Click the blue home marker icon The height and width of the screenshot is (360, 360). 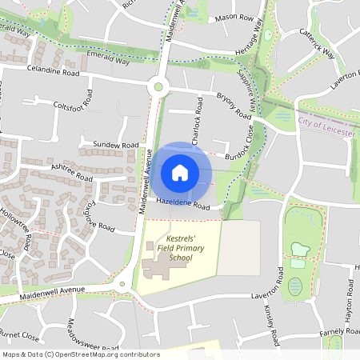point(180,172)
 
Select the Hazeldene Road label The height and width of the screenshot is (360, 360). point(183,205)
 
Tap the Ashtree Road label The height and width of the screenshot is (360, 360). point(73,171)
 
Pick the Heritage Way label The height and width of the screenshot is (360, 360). point(250,38)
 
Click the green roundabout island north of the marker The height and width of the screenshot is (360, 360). point(158,86)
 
